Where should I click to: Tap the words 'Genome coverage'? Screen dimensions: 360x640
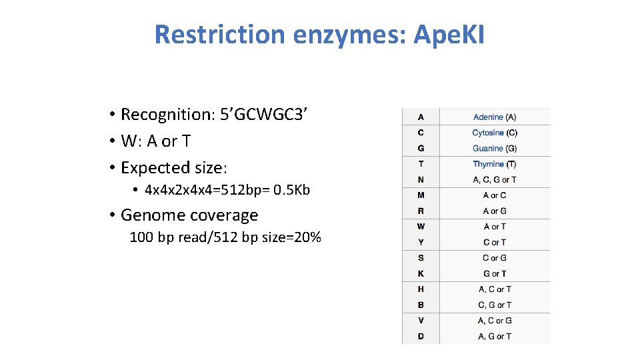pyautogui.click(x=189, y=215)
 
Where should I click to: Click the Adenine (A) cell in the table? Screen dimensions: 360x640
pyautogui.click(x=495, y=117)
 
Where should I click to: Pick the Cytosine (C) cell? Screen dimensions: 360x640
pyautogui.click(x=495, y=133)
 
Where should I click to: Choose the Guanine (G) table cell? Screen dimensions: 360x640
pyautogui.click(x=495, y=149)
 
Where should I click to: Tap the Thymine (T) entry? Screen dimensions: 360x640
pyautogui.click(x=495, y=164)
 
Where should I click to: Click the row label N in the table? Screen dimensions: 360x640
pyautogui.click(x=421, y=179)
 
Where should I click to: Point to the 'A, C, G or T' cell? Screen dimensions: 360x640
pyautogui.click(x=495, y=179)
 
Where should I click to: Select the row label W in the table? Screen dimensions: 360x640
pyautogui.click(x=421, y=227)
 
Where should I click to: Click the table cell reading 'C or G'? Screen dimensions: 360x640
pyautogui.click(x=495, y=258)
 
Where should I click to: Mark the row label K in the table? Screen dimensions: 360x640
pyautogui.click(x=421, y=273)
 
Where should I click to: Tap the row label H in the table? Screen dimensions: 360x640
pyautogui.click(x=421, y=289)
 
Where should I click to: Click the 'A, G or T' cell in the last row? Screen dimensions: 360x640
pyautogui.click(x=495, y=337)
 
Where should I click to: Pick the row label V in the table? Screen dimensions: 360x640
pyautogui.click(x=421, y=321)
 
